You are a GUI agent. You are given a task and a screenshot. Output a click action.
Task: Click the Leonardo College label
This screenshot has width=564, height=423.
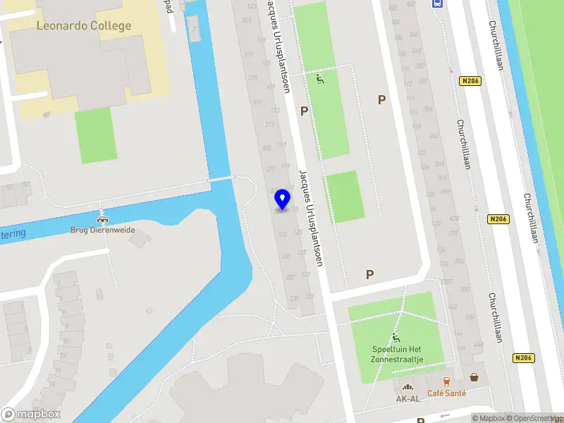tap(84, 26)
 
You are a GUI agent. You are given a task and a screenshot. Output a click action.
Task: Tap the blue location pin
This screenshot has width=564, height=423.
tap(282, 200)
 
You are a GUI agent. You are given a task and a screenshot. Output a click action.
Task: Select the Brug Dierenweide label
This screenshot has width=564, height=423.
tap(102, 230)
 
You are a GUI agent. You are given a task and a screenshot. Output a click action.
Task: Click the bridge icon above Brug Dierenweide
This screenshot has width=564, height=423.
tap(103, 215)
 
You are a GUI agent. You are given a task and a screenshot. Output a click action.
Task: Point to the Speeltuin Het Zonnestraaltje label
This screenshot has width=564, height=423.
tap(397, 354)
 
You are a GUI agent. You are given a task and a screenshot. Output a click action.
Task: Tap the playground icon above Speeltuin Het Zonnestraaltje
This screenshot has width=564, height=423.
tap(396, 338)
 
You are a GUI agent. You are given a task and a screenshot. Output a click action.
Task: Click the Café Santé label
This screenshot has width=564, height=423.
tap(446, 393)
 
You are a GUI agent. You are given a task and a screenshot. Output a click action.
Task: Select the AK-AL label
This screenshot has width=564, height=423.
tap(407, 398)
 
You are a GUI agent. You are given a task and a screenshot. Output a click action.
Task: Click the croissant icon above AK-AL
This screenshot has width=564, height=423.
tap(407, 386)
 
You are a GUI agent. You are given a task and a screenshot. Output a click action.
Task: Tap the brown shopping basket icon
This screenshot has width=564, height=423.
tap(474, 378)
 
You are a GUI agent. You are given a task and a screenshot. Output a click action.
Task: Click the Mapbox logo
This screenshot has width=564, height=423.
tap(31, 415)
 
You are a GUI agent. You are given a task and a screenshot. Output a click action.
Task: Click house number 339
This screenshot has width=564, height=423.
tap(293, 299)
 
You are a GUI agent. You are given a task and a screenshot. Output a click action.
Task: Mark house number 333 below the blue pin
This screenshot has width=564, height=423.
tap(282, 234)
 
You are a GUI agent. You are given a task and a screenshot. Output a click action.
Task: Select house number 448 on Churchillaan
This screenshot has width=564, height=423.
tap(480, 345)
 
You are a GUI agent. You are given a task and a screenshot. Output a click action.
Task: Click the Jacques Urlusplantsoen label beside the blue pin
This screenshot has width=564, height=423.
tap(311, 219)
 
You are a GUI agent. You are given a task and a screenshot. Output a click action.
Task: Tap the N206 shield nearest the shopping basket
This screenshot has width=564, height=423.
tap(524, 357)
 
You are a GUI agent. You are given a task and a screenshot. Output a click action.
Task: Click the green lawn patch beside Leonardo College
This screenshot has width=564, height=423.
tap(94, 135)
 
